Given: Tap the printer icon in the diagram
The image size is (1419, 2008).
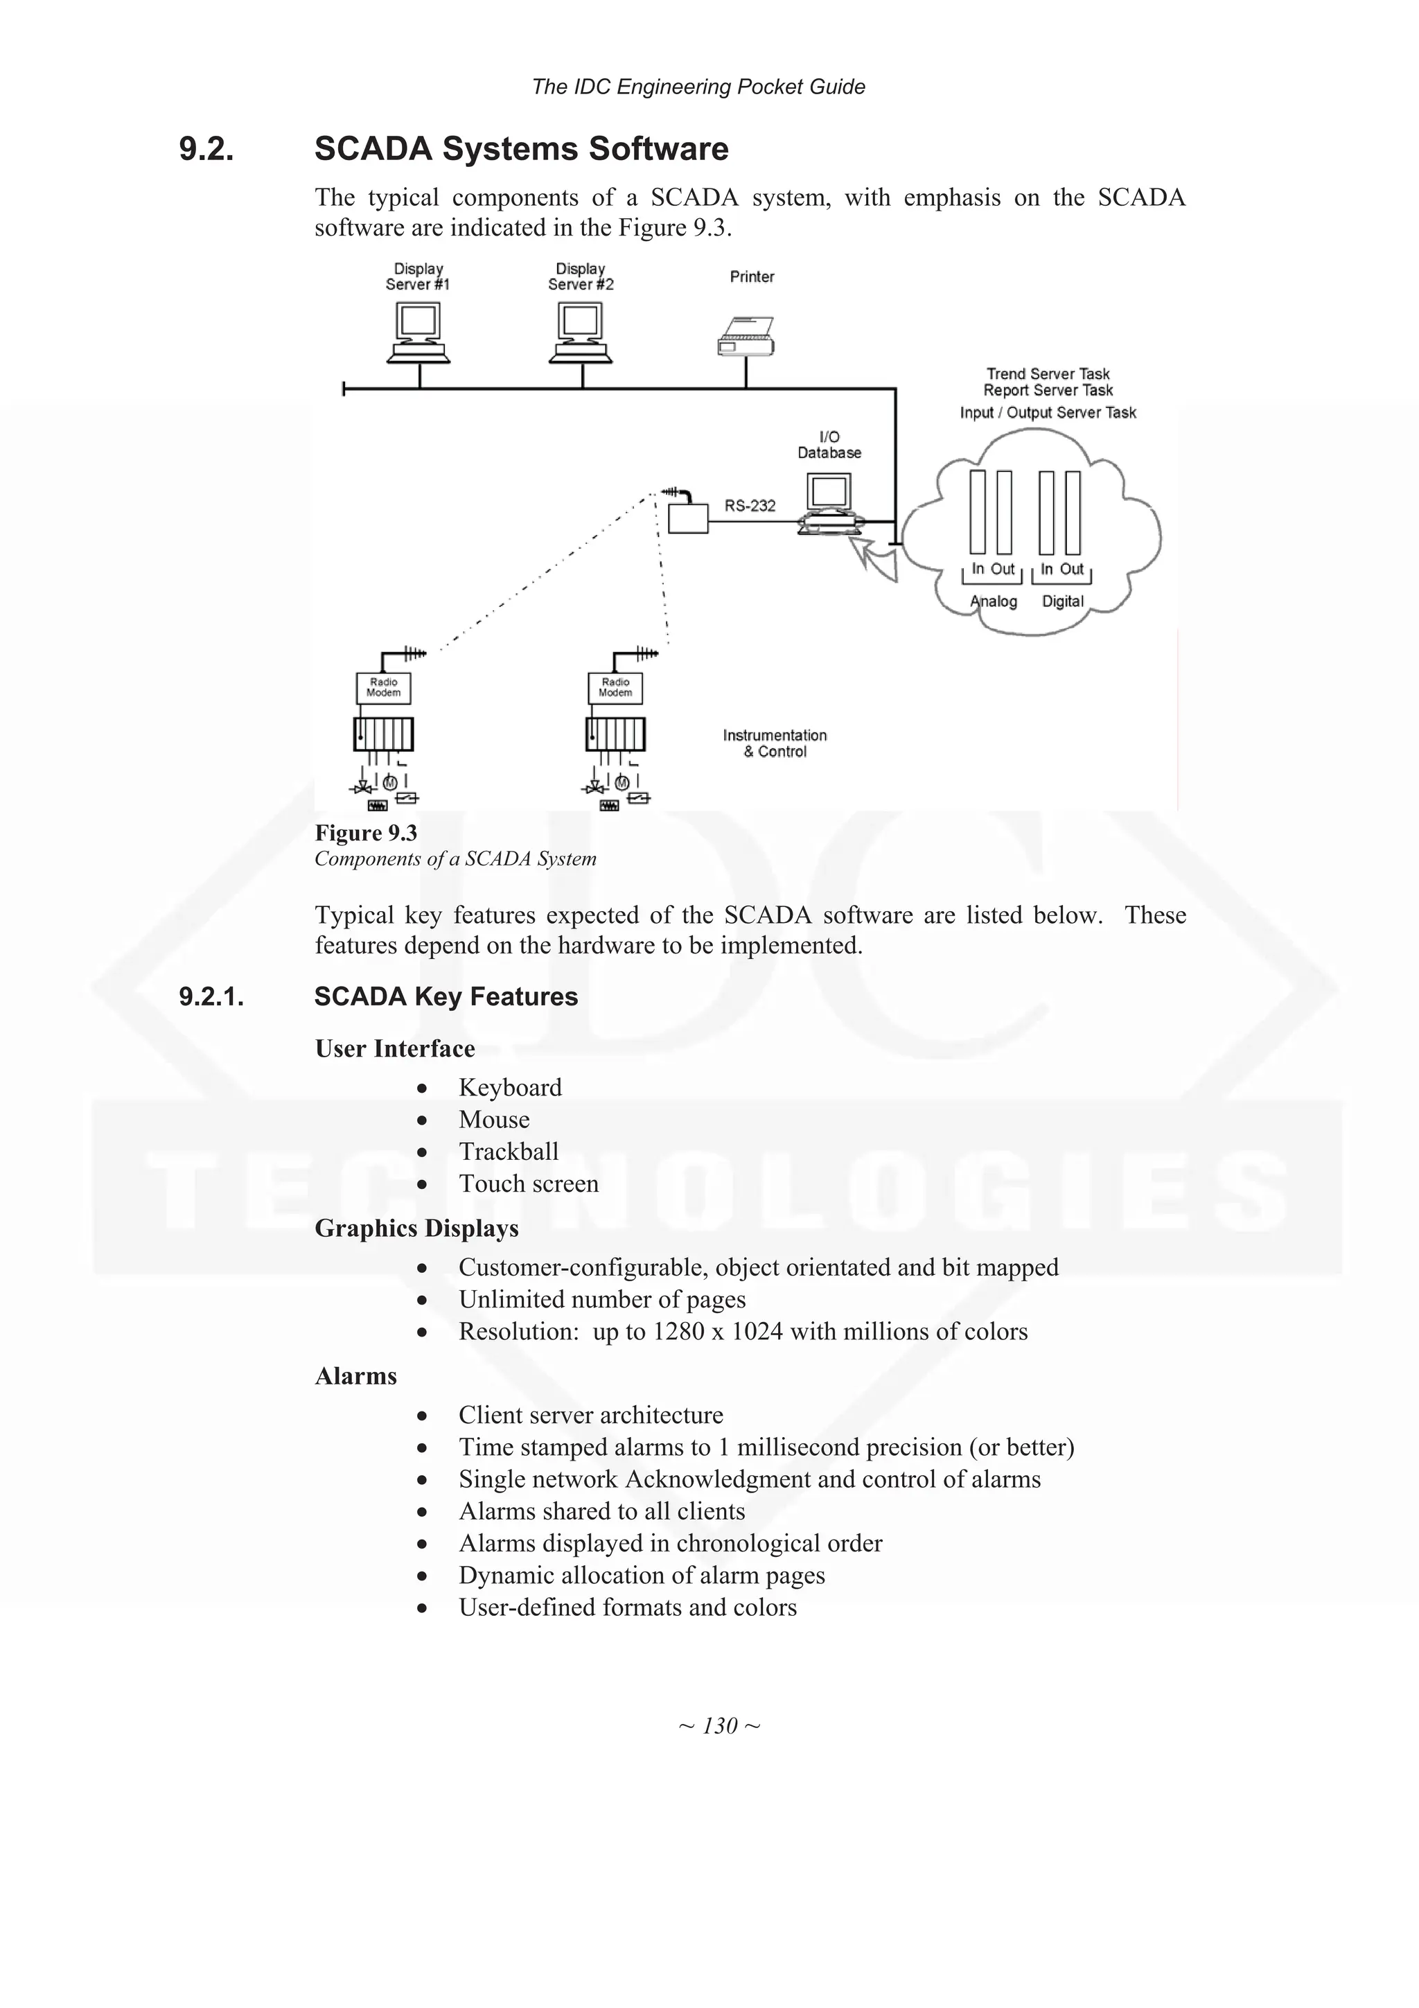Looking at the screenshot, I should [746, 337].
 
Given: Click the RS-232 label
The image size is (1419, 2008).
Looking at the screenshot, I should [749, 506].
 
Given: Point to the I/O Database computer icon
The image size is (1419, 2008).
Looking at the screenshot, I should [829, 503].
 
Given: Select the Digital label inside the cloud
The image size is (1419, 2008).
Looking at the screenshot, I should [1062, 601].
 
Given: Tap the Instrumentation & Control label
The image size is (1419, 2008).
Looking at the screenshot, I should [775, 743].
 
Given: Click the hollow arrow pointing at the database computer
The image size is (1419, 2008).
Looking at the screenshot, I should [874, 560].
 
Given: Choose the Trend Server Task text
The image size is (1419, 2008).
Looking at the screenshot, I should [1048, 374].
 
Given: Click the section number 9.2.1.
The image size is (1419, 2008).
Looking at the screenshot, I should [211, 997].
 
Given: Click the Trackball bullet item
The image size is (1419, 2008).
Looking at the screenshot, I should [508, 1152].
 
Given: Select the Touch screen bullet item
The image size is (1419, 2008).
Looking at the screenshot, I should [528, 1184].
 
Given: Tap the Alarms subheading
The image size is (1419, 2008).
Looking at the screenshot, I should [356, 1377].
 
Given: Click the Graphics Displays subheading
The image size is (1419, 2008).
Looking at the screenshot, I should [416, 1228].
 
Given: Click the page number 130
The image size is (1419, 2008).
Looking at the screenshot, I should [720, 1725].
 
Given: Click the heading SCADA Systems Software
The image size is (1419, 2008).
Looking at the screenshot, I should [521, 149].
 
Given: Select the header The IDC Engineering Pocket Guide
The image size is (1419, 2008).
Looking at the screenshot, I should [698, 87].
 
